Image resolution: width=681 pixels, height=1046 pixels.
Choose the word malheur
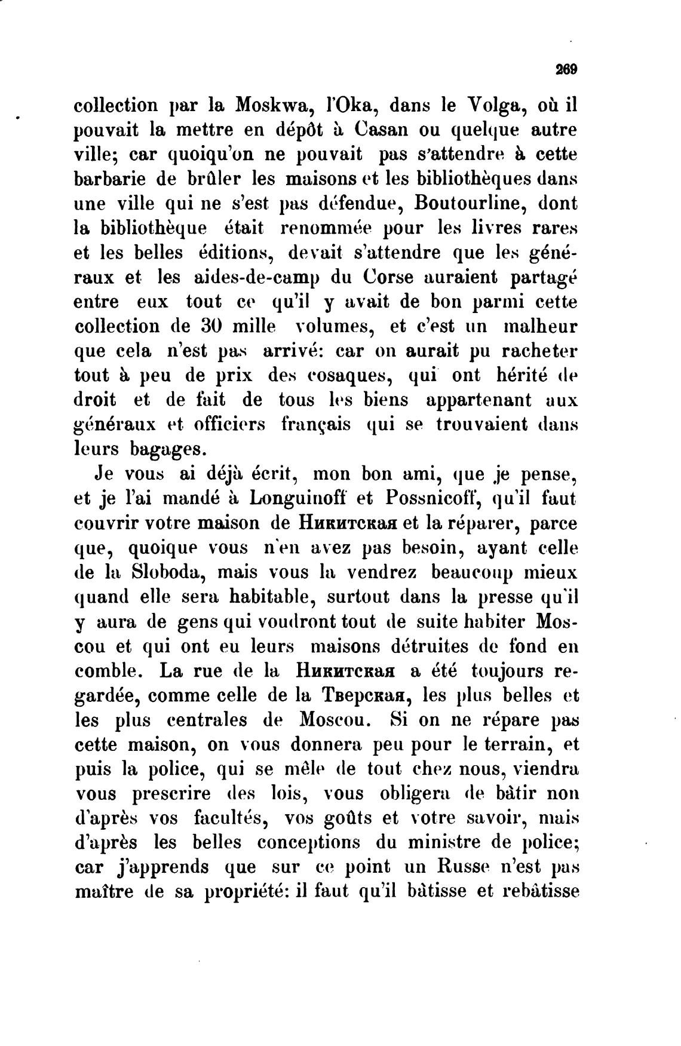pyautogui.click(x=541, y=326)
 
